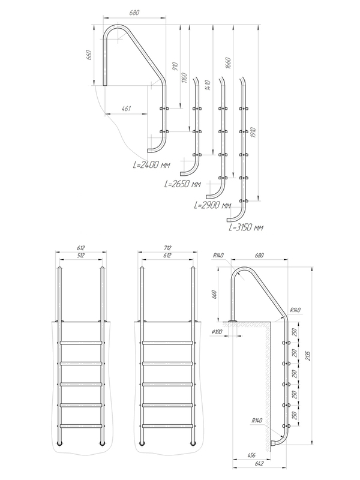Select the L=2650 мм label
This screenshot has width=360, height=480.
coord(181,184)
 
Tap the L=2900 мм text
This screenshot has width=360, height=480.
coord(214,205)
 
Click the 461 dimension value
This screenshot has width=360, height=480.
coord(127,109)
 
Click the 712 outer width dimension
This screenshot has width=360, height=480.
coord(167,246)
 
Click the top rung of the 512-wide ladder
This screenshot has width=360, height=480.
coord(80,343)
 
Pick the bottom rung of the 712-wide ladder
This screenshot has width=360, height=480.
coord(167,426)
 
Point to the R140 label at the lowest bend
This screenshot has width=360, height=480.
coord(256,420)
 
